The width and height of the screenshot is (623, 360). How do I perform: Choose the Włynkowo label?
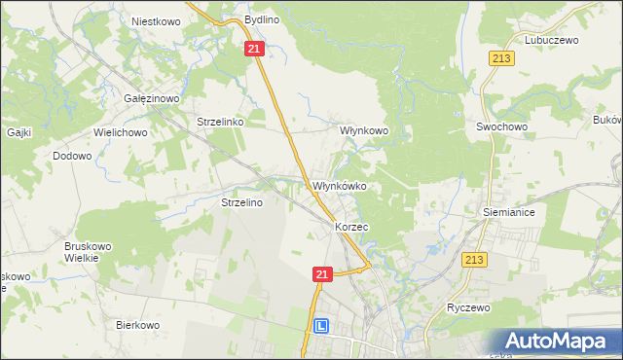363,129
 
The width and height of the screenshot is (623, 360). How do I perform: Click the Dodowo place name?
72,156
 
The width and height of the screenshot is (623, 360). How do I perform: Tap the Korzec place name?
350,226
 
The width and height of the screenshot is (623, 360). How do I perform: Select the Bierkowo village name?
137,325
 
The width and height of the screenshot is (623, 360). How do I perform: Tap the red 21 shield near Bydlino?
254,49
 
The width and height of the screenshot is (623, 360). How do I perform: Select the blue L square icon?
320,327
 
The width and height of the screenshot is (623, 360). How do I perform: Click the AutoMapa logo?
563,341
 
